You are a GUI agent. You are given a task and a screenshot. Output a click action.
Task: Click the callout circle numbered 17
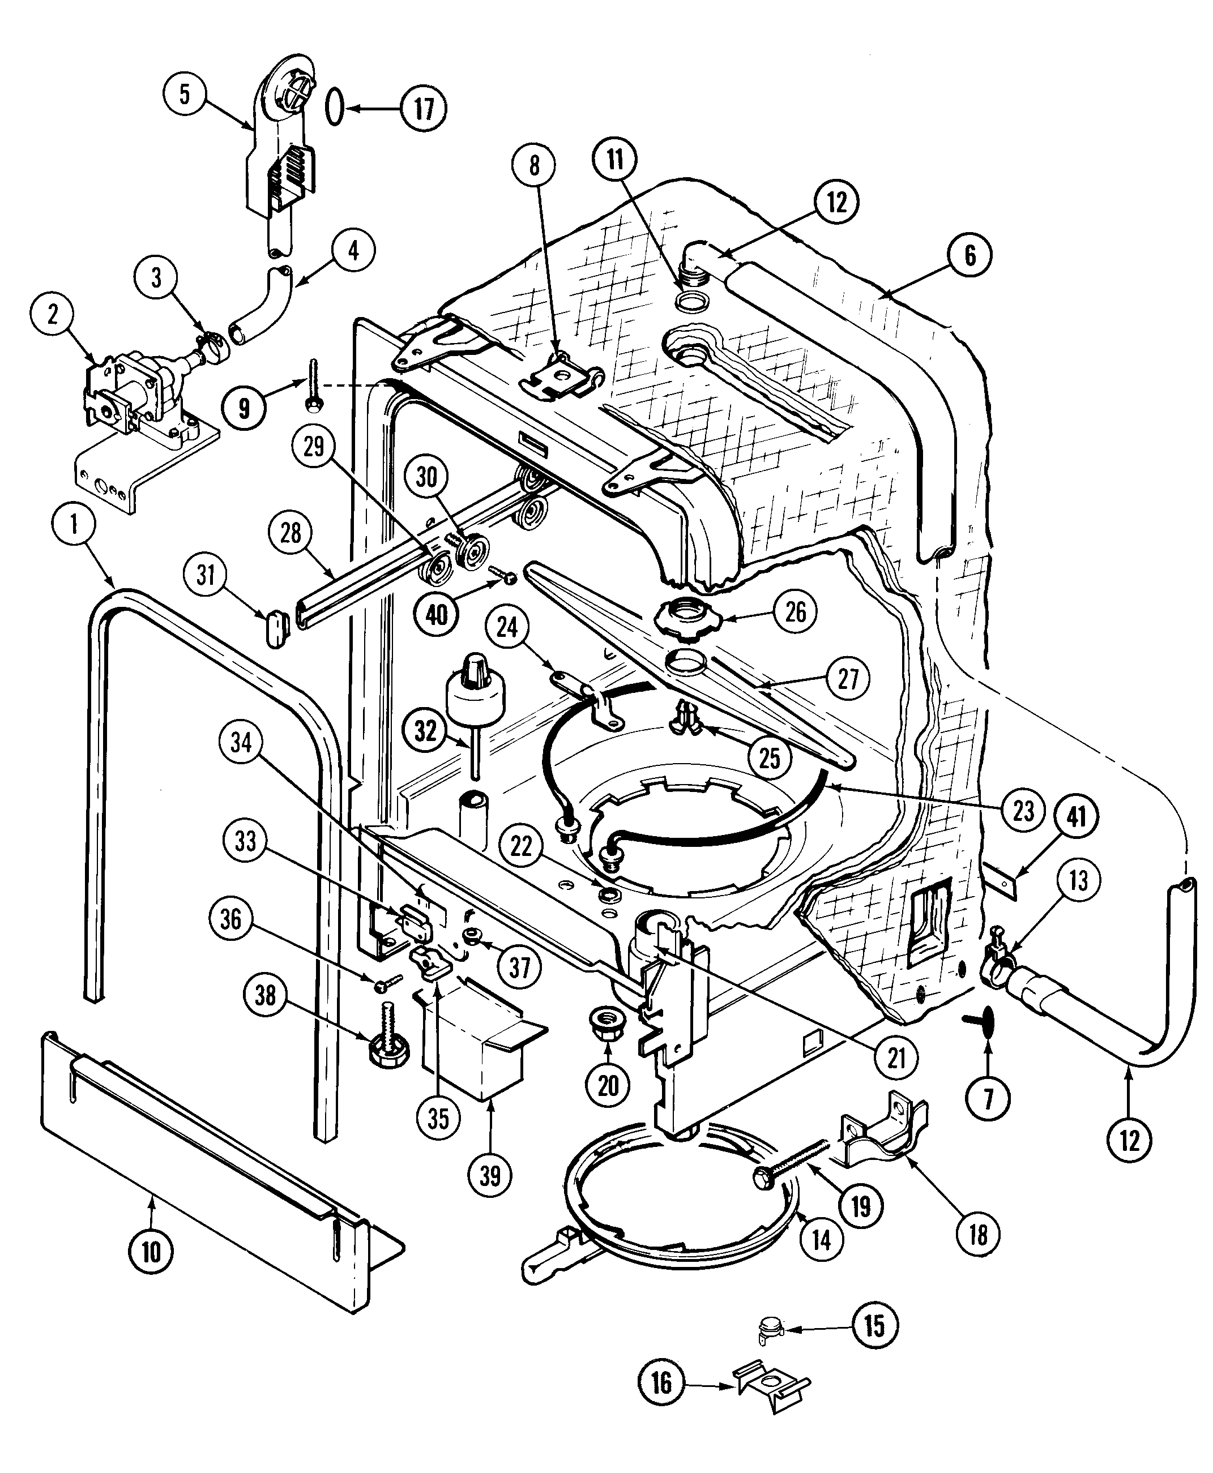424,108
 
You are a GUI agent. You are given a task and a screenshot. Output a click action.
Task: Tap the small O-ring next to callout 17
335,108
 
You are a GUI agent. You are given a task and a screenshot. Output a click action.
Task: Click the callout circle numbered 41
1077,816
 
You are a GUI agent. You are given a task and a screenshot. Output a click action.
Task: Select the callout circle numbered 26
795,613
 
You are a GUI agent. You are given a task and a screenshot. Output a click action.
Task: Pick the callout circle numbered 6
970,256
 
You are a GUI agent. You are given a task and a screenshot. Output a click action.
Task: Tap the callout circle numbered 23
1023,811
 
